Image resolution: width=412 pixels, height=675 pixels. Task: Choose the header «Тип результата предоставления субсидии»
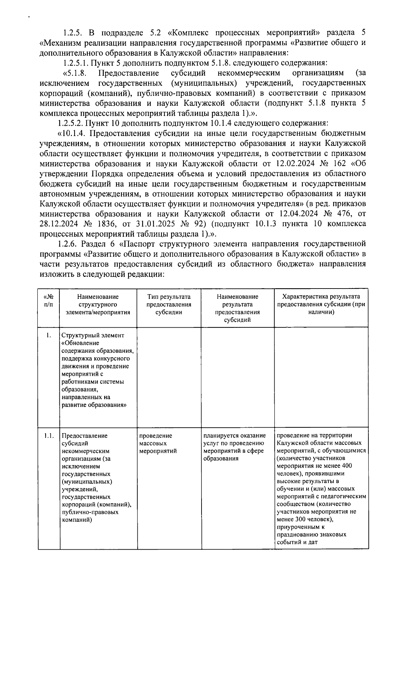click(x=169, y=304)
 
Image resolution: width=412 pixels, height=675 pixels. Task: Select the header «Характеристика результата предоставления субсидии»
click(x=321, y=304)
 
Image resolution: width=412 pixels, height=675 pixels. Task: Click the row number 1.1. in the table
click(x=49, y=436)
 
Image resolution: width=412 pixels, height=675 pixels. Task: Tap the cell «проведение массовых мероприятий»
click(x=156, y=443)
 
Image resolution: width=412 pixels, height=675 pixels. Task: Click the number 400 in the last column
click(x=346, y=466)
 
